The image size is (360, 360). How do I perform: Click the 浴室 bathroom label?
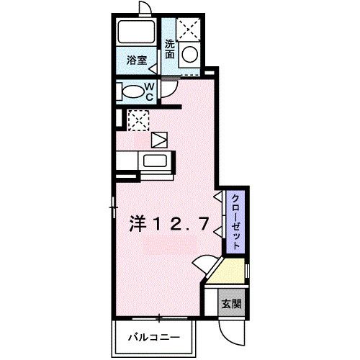[138, 61]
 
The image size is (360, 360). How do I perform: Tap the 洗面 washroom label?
[170, 48]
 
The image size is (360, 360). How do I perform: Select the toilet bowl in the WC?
[132, 91]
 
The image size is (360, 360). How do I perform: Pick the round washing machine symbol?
[190, 55]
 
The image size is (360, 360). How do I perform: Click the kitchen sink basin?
[155, 161]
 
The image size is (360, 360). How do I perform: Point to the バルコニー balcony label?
[152, 337]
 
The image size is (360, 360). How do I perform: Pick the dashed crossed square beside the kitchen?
[138, 119]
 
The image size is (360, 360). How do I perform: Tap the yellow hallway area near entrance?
[229, 271]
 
